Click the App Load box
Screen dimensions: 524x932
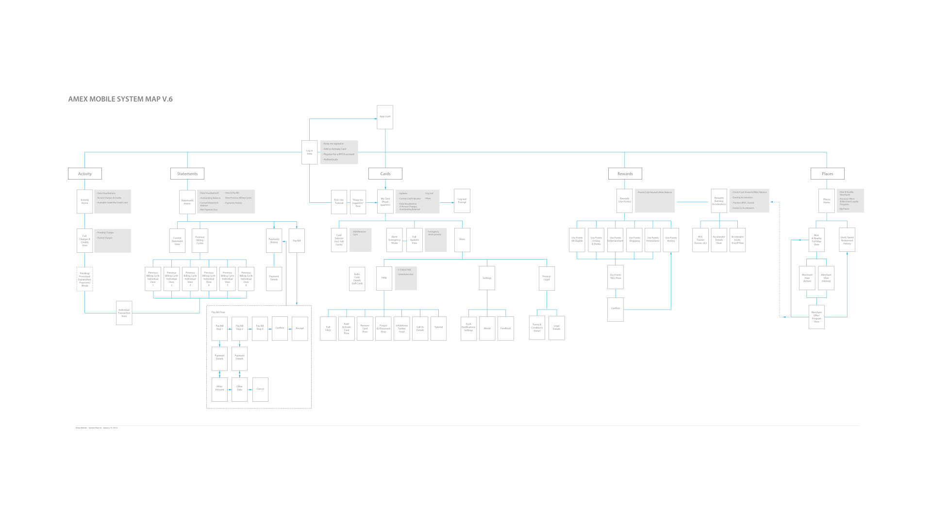click(x=385, y=117)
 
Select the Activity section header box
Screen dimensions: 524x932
click(x=85, y=174)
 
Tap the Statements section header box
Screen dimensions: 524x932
click(x=187, y=174)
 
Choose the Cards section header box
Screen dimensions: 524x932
click(x=385, y=174)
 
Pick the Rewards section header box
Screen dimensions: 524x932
click(x=625, y=174)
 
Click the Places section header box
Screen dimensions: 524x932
click(x=828, y=174)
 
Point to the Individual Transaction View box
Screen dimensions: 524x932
click(x=124, y=313)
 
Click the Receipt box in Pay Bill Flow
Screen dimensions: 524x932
click(x=300, y=328)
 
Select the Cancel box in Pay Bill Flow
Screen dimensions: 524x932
click(x=260, y=389)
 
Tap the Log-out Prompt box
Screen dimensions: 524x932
click(x=462, y=201)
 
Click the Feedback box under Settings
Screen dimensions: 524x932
click(x=506, y=328)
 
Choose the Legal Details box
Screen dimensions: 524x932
click(x=556, y=328)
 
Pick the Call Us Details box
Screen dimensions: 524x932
click(x=420, y=328)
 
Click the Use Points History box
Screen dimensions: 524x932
click(x=671, y=240)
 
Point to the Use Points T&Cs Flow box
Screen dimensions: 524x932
click(x=616, y=277)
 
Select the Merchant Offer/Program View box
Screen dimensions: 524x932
click(x=816, y=317)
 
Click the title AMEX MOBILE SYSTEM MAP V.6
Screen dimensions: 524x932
click(x=120, y=99)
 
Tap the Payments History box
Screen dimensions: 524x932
click(x=274, y=241)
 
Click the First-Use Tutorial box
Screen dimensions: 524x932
click(x=339, y=202)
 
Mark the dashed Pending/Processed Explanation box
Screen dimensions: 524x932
click(x=85, y=279)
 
